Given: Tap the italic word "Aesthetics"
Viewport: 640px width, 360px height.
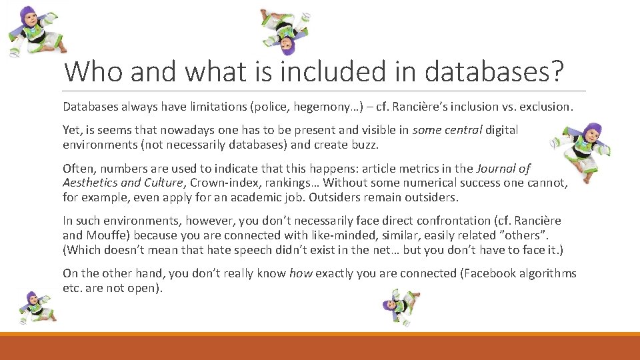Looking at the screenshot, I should [x=90, y=182].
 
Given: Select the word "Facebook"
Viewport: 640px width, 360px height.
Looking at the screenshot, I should [x=483, y=273].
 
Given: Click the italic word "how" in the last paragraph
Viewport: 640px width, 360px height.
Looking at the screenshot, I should [x=301, y=273].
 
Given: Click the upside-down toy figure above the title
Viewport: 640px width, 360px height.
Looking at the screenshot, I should [x=286, y=31].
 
